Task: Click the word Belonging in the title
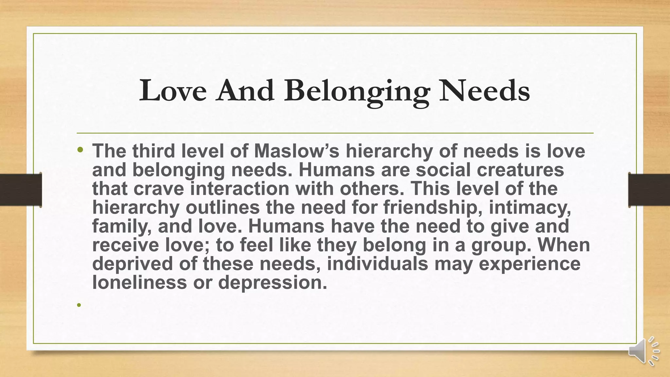[357, 92]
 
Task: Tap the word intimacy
[530, 207]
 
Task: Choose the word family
[121, 226]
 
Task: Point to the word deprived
[132, 264]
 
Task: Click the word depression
[273, 282]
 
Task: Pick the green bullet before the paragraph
[79, 150]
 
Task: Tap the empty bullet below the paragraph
[79, 305]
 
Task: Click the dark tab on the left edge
[21, 190]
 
